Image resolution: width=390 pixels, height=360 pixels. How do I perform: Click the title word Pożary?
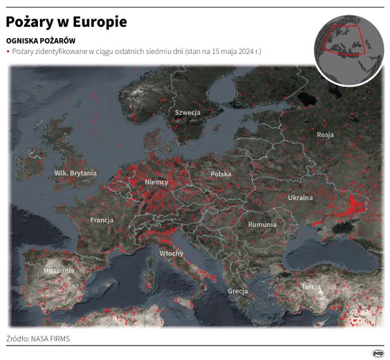tap(32, 22)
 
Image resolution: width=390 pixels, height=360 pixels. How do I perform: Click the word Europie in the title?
tap(100, 22)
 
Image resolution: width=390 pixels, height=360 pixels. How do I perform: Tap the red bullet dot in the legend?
tap(8, 52)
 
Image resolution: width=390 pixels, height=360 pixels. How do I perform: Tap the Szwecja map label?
tap(187, 112)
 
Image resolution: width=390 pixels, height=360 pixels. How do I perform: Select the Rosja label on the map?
tap(325, 135)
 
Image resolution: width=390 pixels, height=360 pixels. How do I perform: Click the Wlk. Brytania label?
tap(75, 172)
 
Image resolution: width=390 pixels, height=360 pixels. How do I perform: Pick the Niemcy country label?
tap(156, 181)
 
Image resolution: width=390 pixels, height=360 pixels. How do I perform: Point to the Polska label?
tap(221, 174)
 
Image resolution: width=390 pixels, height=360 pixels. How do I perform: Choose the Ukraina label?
tap(300, 198)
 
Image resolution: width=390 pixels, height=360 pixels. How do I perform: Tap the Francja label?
tap(102, 220)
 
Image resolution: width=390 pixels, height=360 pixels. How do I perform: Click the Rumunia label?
tap(262, 224)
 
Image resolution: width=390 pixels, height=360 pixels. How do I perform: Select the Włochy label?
tap(171, 253)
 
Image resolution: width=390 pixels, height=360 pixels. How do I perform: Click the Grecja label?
tap(238, 291)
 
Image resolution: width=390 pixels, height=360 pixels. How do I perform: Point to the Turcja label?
tap(311, 286)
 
